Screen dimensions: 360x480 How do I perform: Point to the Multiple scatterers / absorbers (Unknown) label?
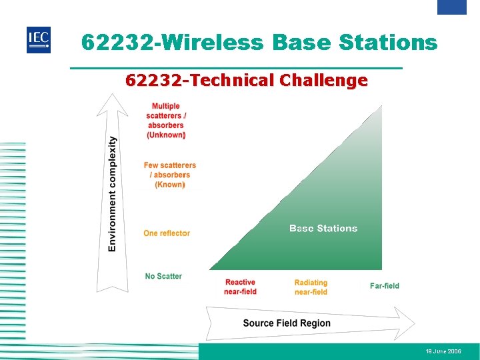point(166,121)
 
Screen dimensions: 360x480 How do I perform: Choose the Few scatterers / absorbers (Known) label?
point(169,175)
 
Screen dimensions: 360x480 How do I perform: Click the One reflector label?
point(167,233)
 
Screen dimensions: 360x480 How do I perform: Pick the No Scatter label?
point(163,276)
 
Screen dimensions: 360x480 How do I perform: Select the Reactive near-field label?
point(241,287)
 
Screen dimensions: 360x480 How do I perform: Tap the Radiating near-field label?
point(311,287)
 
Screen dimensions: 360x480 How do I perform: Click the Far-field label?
point(385,286)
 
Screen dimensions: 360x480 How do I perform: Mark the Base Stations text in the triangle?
point(323,229)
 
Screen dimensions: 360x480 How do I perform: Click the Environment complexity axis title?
point(113,194)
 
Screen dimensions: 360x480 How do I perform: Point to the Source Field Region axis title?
point(287,323)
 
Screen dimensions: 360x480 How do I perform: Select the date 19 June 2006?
point(443,351)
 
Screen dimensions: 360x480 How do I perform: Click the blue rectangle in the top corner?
point(451,7)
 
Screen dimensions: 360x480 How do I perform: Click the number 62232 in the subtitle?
point(154,81)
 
